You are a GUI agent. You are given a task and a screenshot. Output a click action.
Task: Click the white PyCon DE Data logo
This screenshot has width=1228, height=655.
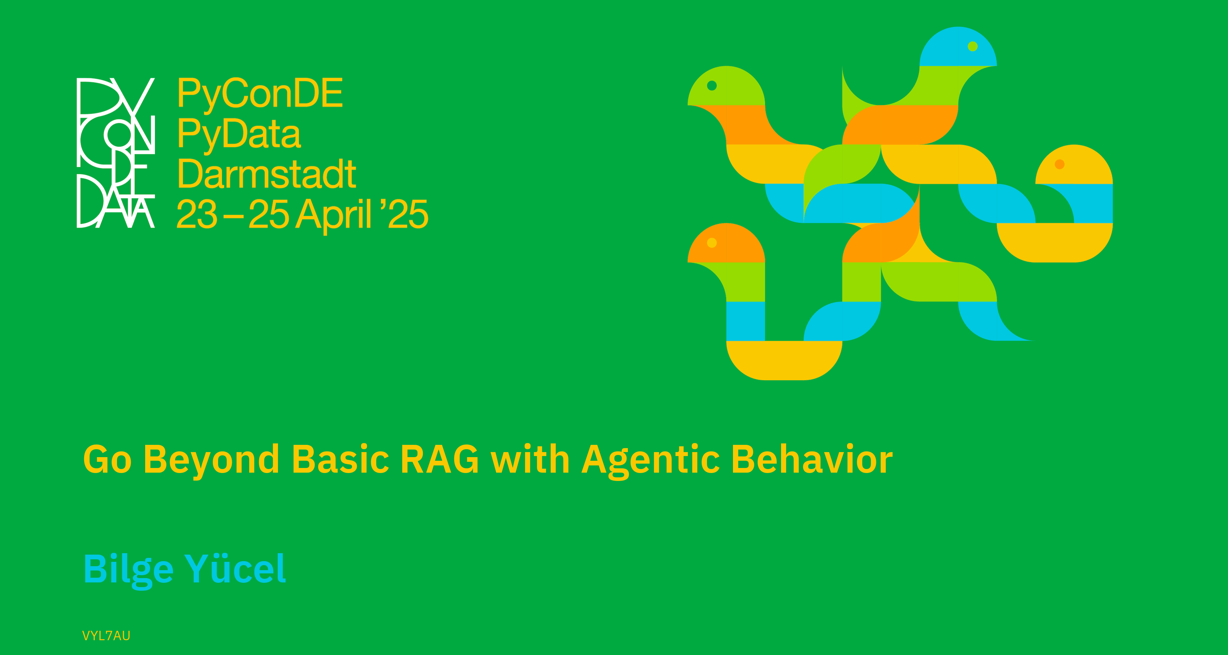(116, 152)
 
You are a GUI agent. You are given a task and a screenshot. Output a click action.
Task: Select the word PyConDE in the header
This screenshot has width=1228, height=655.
(260, 94)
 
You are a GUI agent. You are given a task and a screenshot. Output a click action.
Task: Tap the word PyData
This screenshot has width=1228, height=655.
(239, 134)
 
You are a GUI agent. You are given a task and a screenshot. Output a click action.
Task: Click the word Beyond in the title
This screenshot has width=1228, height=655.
(211, 460)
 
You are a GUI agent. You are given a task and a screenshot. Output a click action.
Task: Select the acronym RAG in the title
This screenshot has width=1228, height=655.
(439, 459)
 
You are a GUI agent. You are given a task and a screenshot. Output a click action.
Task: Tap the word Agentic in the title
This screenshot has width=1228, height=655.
(651, 460)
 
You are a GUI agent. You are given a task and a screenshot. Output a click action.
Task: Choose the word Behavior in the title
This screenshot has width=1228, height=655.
(812, 459)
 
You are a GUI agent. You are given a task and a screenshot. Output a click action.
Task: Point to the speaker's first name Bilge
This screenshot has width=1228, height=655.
(128, 570)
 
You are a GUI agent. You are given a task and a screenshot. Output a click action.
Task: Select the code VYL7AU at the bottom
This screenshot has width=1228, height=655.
(106, 636)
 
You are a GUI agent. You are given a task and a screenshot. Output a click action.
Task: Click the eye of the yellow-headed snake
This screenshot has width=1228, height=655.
(1060, 164)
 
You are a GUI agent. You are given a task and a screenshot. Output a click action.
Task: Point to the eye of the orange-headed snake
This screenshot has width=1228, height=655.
(712, 243)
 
